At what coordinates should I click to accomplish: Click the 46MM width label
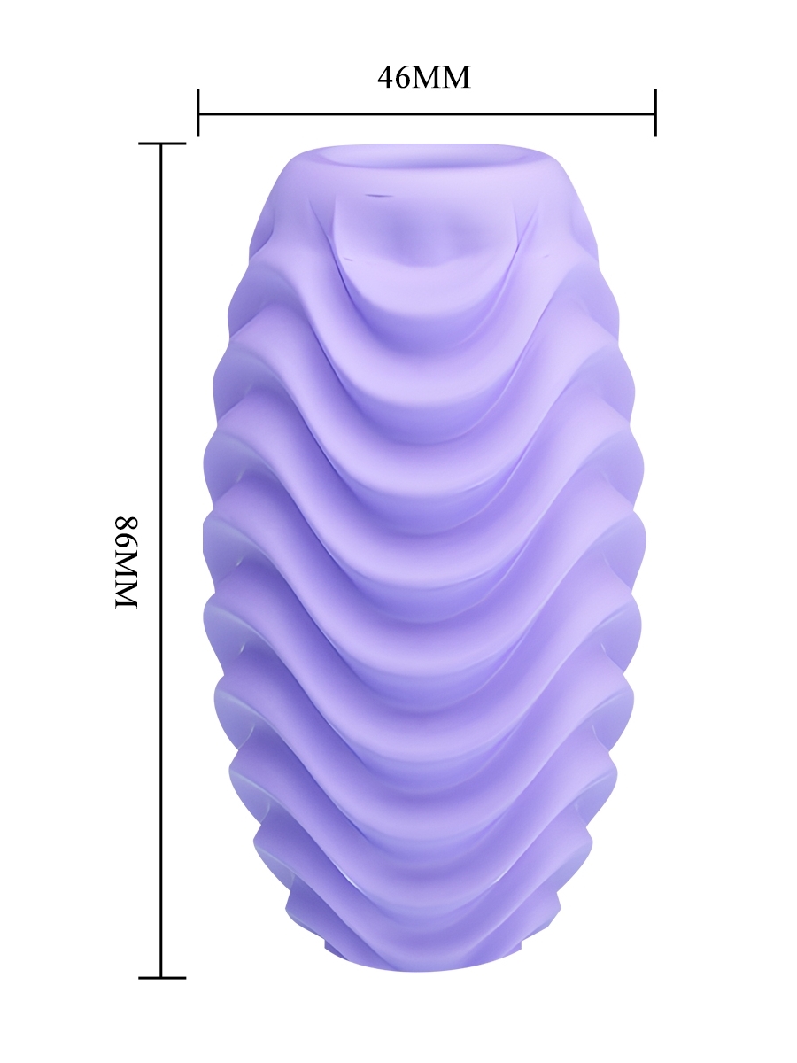423,77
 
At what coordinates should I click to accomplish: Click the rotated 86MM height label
127,563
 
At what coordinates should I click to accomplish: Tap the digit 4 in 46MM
385,77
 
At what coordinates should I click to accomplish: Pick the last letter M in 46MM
455,78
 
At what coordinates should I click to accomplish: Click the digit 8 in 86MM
127,524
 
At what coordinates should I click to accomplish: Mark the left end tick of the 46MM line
197,113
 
